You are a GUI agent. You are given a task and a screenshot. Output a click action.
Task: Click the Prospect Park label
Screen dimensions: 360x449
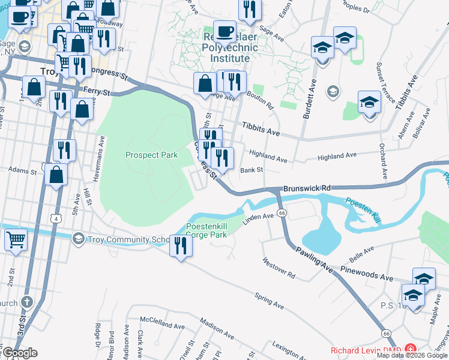pos(151,155)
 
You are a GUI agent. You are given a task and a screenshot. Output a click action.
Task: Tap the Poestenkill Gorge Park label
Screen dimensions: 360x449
pos(206,231)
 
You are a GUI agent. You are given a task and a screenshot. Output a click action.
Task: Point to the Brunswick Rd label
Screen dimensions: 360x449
pos(307,188)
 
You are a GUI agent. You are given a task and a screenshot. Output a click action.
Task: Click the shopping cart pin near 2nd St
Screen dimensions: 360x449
pos(16,239)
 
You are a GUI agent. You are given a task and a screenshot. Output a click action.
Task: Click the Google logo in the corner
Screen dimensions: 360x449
pos(20,352)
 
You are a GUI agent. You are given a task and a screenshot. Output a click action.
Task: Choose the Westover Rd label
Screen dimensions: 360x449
pos(279,269)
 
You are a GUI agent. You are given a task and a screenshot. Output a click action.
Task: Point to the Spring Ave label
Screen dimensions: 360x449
pos(268,301)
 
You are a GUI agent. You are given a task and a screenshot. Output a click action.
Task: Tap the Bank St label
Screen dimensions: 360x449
pos(252,170)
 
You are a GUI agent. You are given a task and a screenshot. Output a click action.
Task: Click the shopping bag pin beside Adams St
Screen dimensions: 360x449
pos(56,175)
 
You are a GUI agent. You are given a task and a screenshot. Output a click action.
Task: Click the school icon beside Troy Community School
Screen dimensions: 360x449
pos(77,239)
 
